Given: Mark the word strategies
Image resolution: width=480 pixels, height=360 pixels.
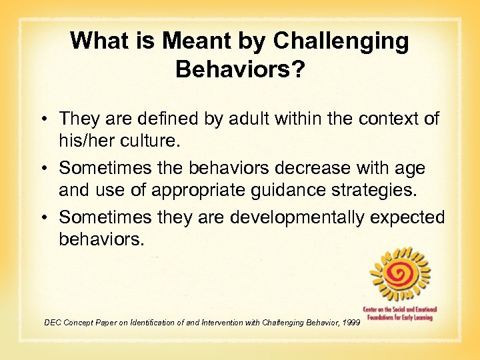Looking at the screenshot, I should pyautogui.click(x=374, y=189).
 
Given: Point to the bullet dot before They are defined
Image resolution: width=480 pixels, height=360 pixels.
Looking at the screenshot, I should pyautogui.click(x=50, y=119).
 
